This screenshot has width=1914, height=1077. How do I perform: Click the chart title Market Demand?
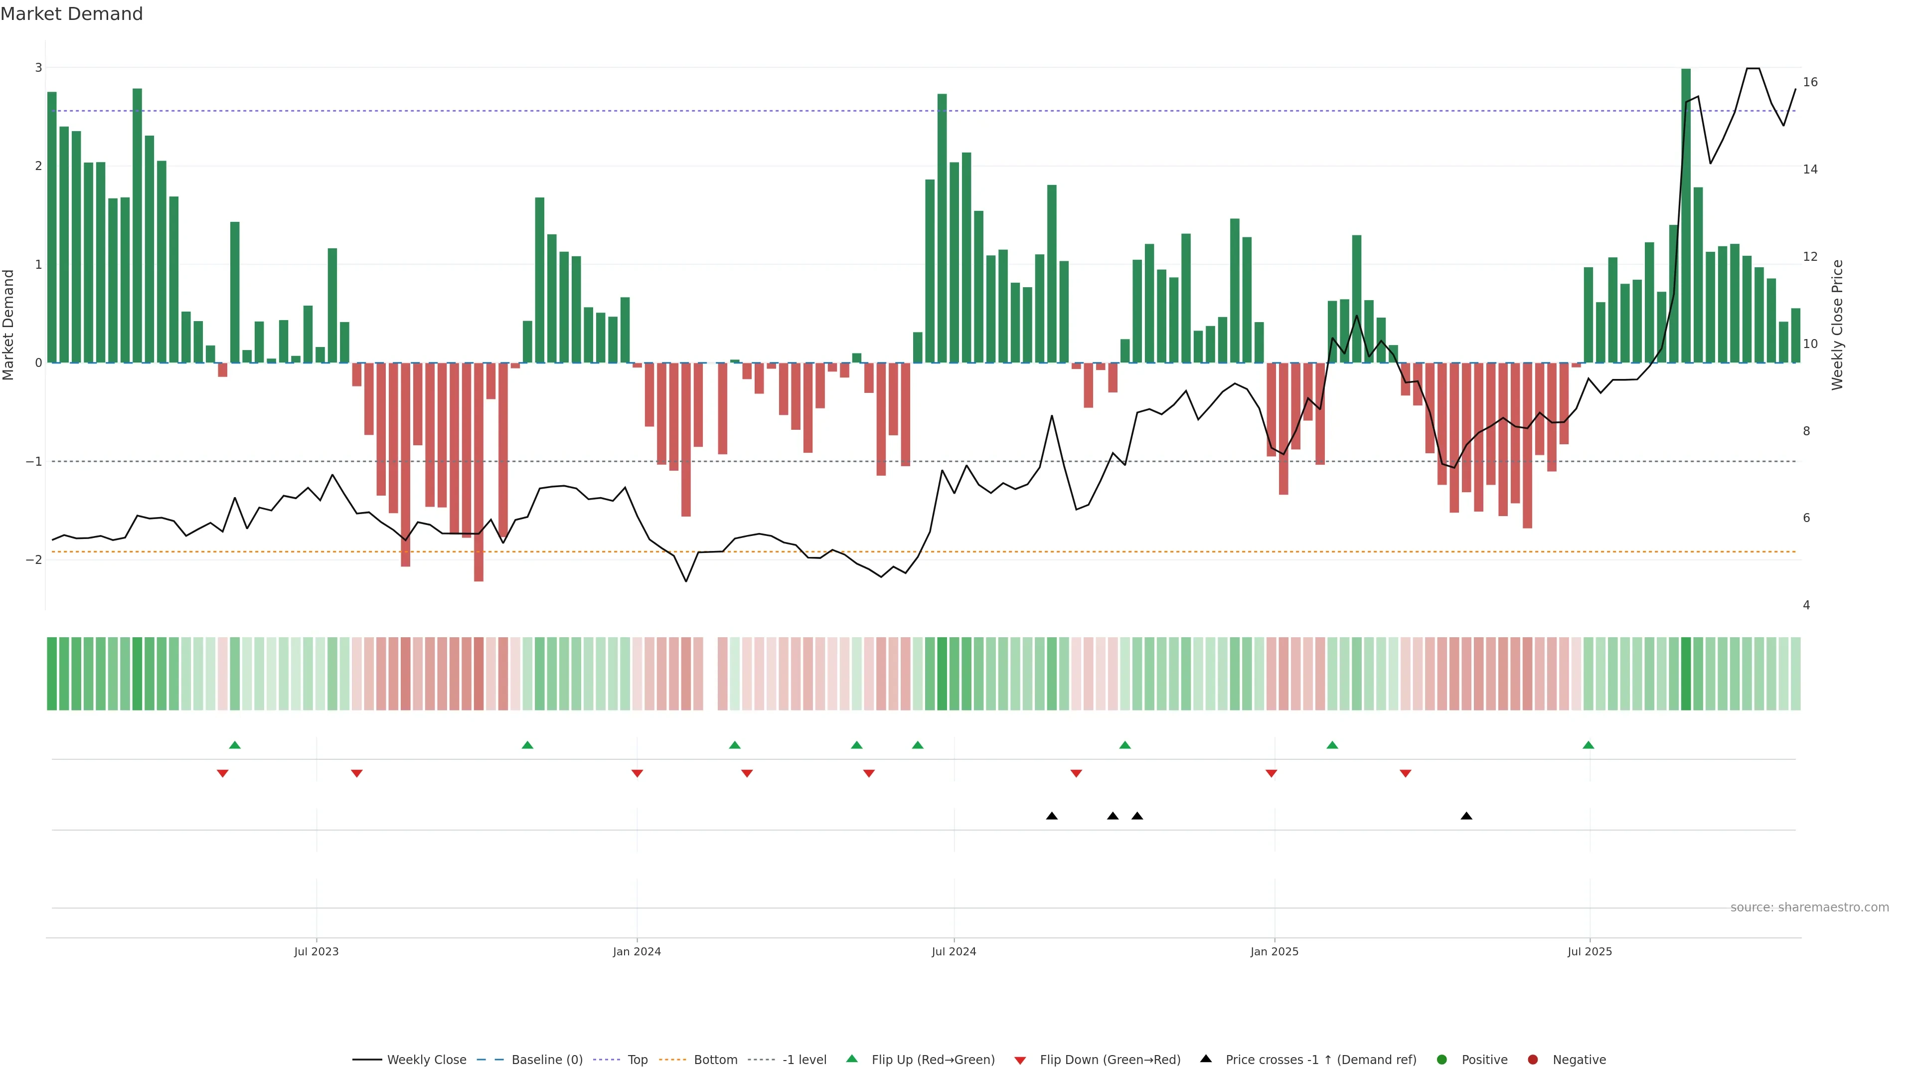[71, 14]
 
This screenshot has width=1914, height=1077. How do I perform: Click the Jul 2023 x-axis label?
[316, 951]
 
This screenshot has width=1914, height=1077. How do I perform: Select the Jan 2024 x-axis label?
[637, 951]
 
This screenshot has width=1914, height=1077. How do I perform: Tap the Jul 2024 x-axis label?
[954, 951]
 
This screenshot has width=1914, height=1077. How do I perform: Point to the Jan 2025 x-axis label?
[1275, 951]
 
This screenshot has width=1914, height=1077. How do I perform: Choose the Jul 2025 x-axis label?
[1590, 951]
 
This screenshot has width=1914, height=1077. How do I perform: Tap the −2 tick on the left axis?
[34, 559]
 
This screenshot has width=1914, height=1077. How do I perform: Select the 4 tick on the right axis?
[1806, 605]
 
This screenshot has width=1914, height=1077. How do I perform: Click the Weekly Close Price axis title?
[1837, 325]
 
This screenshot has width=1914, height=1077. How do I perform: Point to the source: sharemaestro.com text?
[1809, 907]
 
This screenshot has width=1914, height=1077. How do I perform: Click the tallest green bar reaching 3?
[1686, 215]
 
